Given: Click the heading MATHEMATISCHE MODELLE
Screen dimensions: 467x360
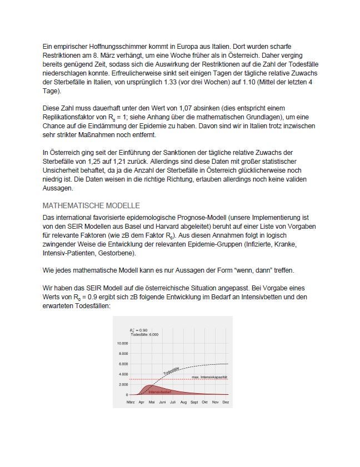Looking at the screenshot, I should click(91, 205).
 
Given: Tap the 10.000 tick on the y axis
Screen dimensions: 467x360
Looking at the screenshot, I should click(123, 343).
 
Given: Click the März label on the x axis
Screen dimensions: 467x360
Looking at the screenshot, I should click(131, 401).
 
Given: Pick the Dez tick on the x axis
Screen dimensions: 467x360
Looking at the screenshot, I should click(226, 401).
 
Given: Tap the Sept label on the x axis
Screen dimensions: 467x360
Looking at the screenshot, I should click(194, 401).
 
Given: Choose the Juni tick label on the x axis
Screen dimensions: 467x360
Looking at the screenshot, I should click(162, 401).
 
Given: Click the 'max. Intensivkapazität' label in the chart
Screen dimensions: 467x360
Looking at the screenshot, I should click(209, 377).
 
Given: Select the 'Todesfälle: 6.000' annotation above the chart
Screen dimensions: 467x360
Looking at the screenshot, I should click(144, 335).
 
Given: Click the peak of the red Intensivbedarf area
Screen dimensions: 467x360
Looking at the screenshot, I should click(148, 385).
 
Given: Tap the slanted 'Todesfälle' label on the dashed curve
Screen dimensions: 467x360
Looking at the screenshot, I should click(171, 371).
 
